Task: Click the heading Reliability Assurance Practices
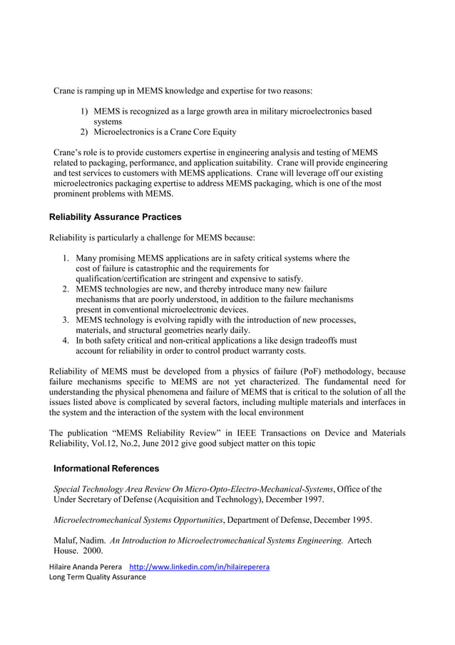click(115, 217)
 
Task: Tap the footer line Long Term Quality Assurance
click(97, 577)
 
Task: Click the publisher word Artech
click(359, 540)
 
